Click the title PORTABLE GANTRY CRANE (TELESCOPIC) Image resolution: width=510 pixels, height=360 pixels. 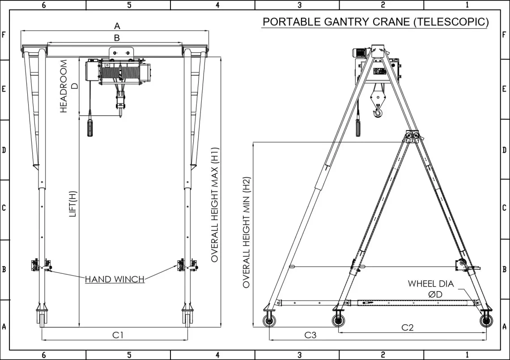coord(375,22)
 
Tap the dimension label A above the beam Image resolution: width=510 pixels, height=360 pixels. coord(117,26)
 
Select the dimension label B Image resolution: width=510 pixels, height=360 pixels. coord(117,38)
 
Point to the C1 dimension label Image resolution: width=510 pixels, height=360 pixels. coord(118,335)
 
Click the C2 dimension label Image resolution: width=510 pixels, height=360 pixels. coord(407,327)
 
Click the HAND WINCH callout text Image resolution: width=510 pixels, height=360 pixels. coord(115,280)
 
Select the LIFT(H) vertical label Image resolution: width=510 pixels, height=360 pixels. coord(73,204)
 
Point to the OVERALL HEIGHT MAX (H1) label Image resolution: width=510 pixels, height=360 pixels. coord(215,204)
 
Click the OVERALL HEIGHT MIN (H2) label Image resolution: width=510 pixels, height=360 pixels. coord(246,233)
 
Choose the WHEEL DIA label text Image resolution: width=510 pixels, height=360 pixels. coord(430,284)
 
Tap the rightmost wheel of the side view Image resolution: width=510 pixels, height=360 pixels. coord(486,321)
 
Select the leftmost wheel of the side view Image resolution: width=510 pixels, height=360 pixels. coord(269,321)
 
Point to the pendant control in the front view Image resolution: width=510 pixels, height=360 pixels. coord(90,127)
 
